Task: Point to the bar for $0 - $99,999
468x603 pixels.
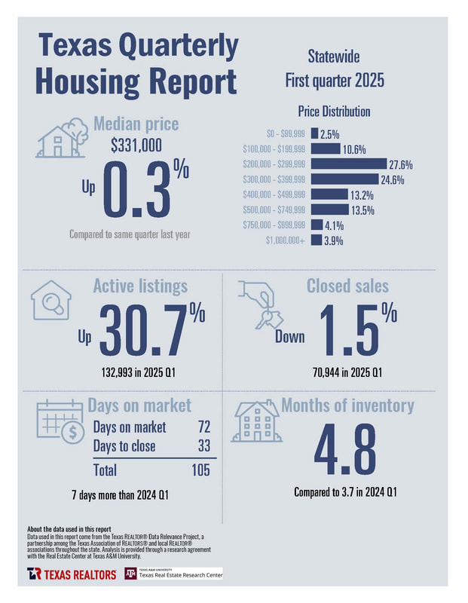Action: [x=313, y=133]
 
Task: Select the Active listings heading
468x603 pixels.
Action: [x=140, y=286]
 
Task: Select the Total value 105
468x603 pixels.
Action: [x=199, y=470]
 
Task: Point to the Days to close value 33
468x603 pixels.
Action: [x=203, y=446]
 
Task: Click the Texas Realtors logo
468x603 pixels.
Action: [x=72, y=574]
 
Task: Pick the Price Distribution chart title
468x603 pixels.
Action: [x=334, y=112]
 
